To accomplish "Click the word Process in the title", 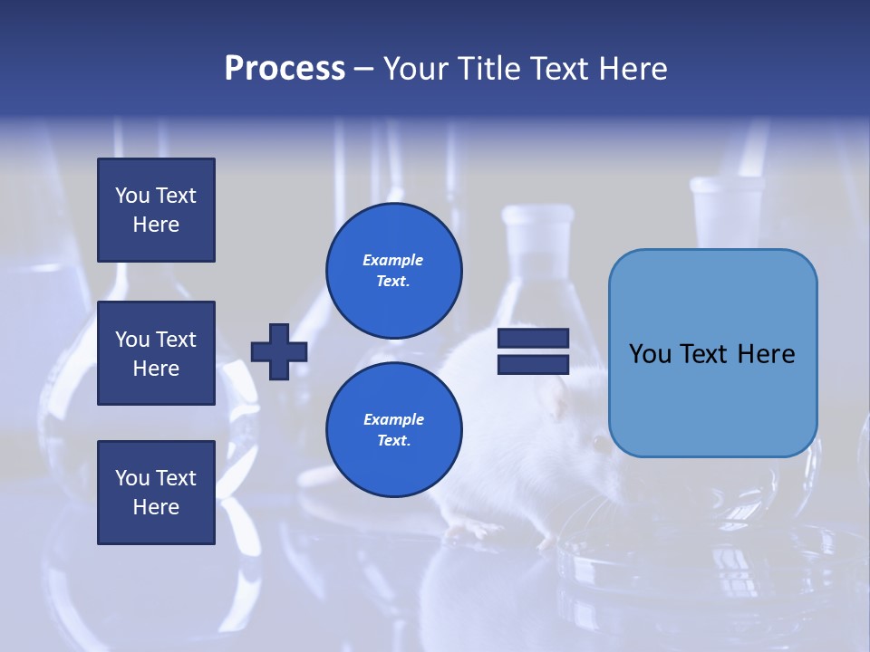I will (x=285, y=69).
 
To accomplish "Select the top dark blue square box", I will (x=156, y=210).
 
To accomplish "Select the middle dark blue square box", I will (x=156, y=353).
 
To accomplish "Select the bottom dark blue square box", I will (x=156, y=493).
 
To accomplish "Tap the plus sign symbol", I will (x=279, y=351).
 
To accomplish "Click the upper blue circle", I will (x=394, y=271).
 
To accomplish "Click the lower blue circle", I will (x=394, y=430).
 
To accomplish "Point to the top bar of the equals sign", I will (x=533, y=339).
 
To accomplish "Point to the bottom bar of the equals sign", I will (x=533, y=364).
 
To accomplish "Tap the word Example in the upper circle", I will (x=393, y=260).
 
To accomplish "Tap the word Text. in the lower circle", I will (x=393, y=441).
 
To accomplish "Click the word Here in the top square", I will (x=156, y=225).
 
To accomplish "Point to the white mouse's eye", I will (x=599, y=443).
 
